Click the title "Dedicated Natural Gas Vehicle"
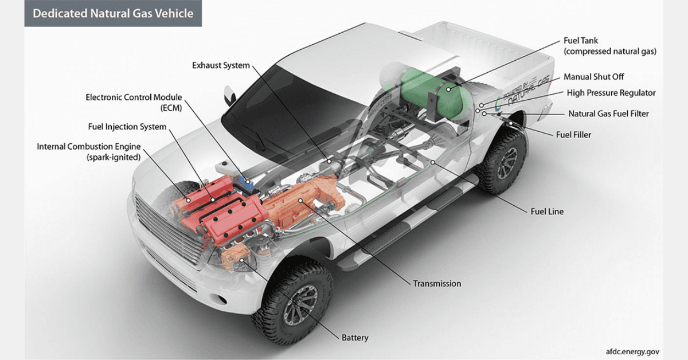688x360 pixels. pos(113,13)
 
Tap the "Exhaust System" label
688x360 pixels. pos(221,65)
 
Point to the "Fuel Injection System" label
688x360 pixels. pos(127,127)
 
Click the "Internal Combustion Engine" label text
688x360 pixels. pos(88,147)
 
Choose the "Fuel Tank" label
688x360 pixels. pos(581,41)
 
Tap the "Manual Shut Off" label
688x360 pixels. pos(593,77)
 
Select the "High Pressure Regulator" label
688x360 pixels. pos(611,93)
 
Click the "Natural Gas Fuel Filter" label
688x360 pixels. pos(608,114)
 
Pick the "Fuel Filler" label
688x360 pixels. pos(573,135)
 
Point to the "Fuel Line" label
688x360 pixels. pos(547,212)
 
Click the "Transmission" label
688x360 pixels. pos(437,283)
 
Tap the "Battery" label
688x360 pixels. pos(355,338)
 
